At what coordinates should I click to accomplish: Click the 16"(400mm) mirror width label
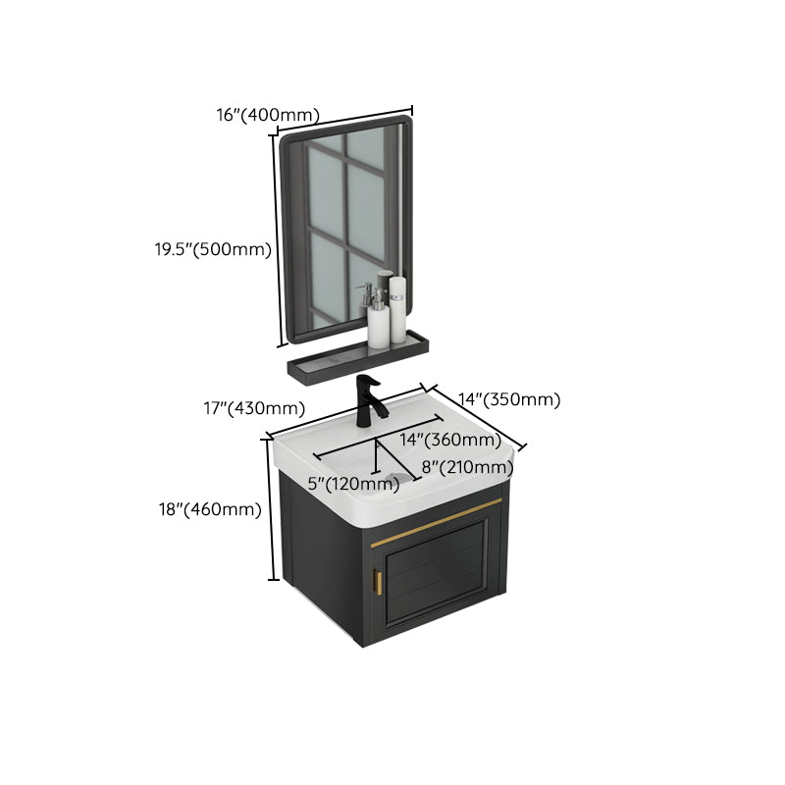(267, 115)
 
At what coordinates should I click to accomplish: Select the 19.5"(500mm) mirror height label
(212, 249)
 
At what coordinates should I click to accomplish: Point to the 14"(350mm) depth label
(510, 399)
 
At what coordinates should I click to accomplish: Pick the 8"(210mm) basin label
(467, 467)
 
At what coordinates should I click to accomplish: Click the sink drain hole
(392, 478)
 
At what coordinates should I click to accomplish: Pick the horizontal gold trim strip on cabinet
(439, 517)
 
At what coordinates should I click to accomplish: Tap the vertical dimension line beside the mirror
(279, 239)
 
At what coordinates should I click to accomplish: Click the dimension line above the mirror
(344, 119)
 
